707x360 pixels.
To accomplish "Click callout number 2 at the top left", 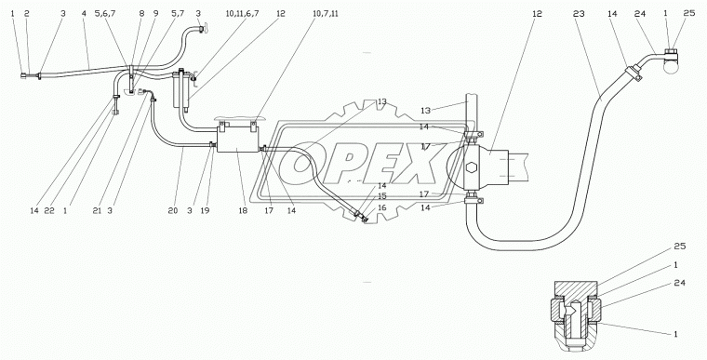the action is coord(27,14).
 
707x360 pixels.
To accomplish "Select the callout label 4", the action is coord(84,14).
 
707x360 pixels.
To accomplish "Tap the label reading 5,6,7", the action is coord(105,14).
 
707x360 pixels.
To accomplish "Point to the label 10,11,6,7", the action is coord(243,14).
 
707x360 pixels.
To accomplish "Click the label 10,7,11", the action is coord(325,14).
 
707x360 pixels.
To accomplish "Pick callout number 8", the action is coord(141,14).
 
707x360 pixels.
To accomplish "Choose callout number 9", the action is coord(155,14).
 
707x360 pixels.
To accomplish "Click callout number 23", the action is coord(579,14).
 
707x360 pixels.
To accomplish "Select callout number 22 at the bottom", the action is coord(49,210).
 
